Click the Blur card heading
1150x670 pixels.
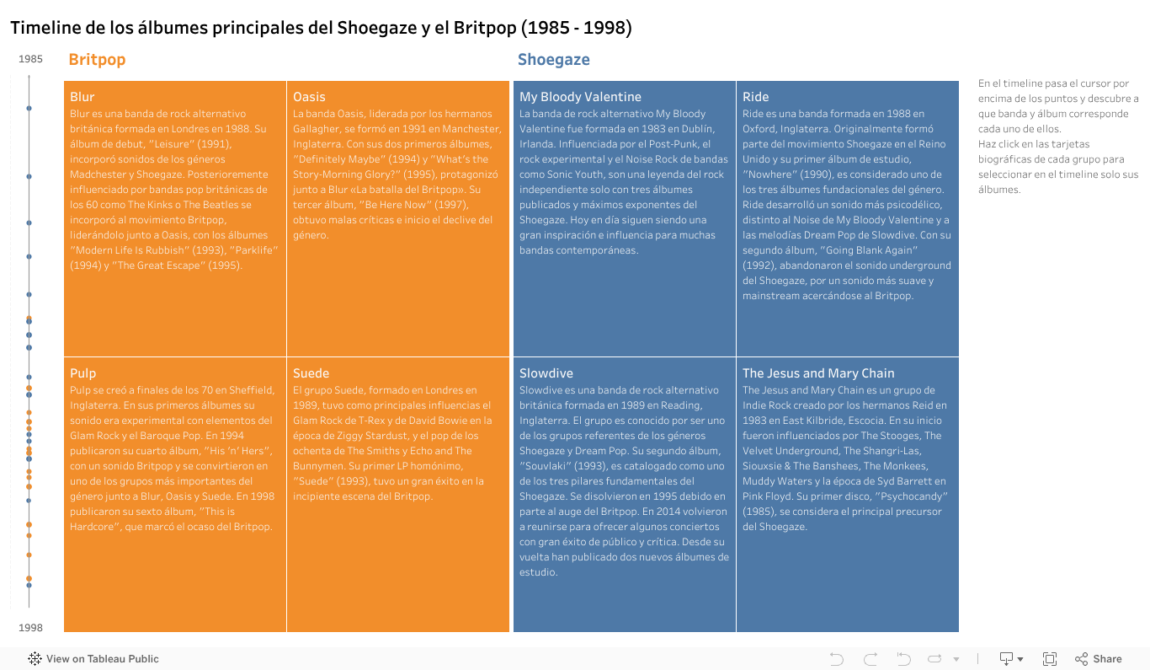[83, 97]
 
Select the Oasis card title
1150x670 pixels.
[309, 97]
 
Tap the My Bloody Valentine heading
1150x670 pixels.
[580, 97]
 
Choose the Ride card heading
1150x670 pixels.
[755, 97]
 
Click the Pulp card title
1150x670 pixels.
[83, 373]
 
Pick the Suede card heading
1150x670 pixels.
[311, 373]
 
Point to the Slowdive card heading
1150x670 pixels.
[546, 373]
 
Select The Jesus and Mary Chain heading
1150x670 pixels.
[818, 373]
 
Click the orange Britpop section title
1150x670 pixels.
[97, 60]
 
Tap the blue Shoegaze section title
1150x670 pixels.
[553, 60]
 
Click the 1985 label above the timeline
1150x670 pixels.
[31, 59]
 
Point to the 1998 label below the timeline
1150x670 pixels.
[31, 628]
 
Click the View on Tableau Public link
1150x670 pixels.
[102, 659]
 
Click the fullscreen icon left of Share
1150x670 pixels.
[1050, 659]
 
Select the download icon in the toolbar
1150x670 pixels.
[1006, 659]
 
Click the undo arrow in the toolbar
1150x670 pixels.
[836, 659]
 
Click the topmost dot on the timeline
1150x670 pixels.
[29, 108]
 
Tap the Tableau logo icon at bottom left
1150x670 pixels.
[35, 659]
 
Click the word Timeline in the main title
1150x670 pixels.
[45, 28]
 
